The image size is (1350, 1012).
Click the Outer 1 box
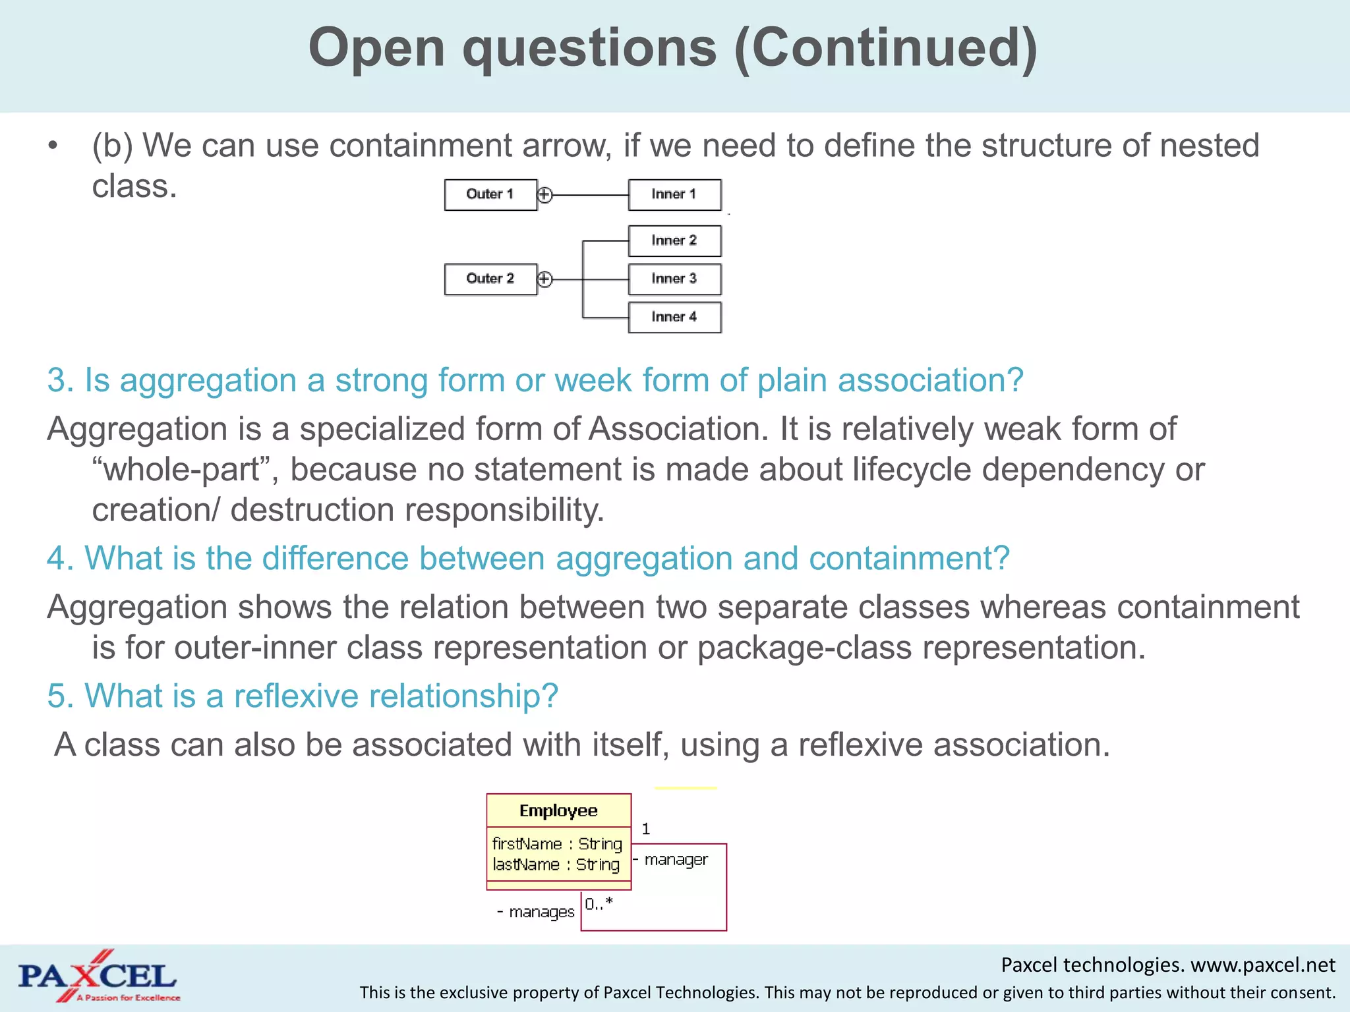click(x=490, y=194)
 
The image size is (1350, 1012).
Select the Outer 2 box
click(x=490, y=279)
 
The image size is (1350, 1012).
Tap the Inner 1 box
click(x=674, y=194)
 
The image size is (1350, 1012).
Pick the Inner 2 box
click(x=674, y=240)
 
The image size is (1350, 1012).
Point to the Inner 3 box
click(x=674, y=279)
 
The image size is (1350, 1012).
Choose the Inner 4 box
click(x=674, y=317)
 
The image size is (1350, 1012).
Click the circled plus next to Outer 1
click(x=544, y=195)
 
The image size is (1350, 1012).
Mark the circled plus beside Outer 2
click(x=544, y=279)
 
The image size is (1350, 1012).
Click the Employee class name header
click(x=558, y=810)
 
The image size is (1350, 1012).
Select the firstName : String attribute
click(x=557, y=844)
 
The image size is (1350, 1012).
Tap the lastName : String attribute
click(x=556, y=864)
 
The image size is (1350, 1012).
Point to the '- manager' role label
click(x=671, y=860)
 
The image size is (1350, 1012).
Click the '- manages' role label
click(x=536, y=912)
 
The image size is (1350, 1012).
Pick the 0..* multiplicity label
click(x=599, y=904)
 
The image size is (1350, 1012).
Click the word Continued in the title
click(x=885, y=47)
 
